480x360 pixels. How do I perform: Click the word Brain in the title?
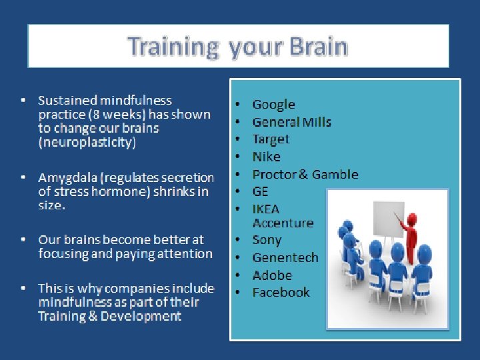(319, 47)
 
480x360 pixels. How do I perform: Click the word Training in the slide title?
(173, 47)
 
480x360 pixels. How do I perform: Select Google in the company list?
(274, 105)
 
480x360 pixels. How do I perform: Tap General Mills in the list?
(292, 122)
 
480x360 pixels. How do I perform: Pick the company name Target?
(271, 140)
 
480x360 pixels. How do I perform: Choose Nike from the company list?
(266, 157)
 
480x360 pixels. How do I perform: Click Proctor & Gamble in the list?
(305, 174)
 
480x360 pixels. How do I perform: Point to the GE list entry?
(260, 191)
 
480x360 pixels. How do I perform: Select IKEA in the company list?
(266, 209)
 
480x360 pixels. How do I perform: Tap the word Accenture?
(283, 223)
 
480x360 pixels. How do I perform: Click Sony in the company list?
(267, 240)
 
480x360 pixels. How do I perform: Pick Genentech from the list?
(285, 258)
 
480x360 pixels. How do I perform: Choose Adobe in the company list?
(272, 275)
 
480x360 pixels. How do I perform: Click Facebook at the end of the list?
(281, 293)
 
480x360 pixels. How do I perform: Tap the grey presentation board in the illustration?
(389, 219)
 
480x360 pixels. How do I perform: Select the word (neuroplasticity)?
(87, 143)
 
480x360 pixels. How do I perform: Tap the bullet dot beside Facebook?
(238, 292)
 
